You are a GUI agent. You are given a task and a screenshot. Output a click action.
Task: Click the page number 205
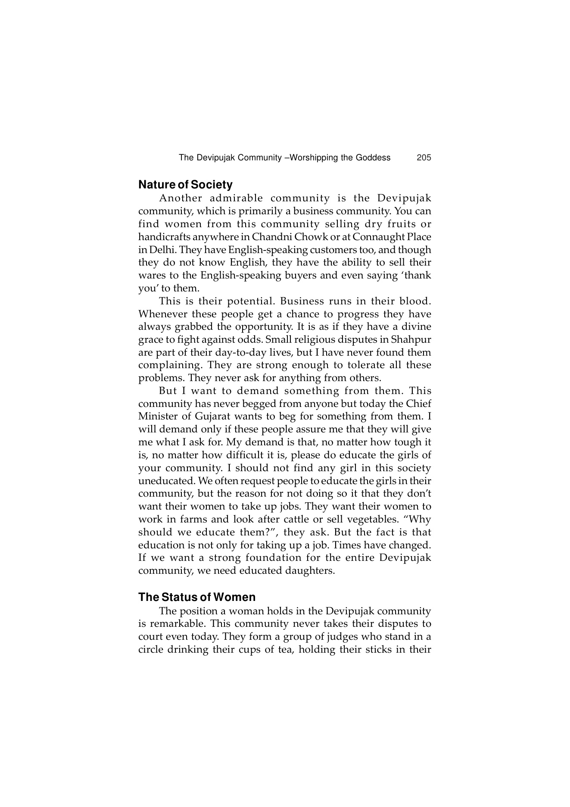pos(424,158)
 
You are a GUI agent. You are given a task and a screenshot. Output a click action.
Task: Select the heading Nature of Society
pos(185,185)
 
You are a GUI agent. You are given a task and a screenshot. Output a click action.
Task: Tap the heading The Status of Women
pos(197,597)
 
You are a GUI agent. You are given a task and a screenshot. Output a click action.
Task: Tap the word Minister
pos(158,416)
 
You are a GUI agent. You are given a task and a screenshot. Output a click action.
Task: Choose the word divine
pos(416,327)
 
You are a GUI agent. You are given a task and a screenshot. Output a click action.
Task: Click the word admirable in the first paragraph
pos(236,198)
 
